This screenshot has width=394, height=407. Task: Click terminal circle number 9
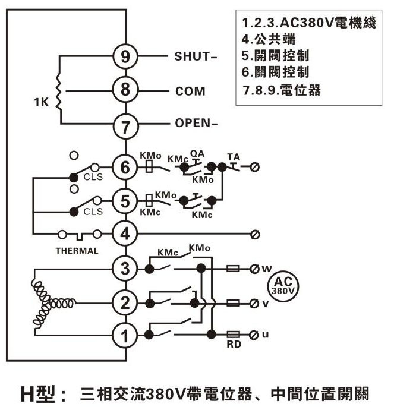125,57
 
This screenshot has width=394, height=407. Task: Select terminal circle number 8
125,91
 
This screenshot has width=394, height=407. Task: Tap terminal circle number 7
125,125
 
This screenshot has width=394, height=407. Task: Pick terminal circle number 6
125,168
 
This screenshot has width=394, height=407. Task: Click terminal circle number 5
125,201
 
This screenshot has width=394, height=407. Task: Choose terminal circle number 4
125,234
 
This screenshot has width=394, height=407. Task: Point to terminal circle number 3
125,269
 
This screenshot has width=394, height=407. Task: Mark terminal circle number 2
125,302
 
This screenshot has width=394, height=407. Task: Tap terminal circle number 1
125,336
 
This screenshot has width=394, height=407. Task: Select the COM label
190,92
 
